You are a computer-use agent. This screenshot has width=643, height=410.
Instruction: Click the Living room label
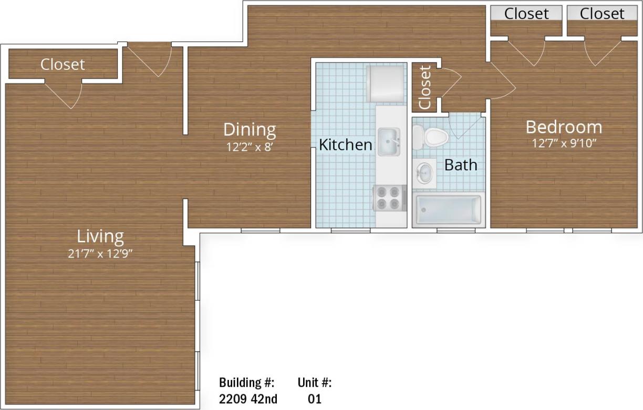[x=100, y=236]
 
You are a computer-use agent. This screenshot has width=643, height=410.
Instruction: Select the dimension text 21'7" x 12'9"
[x=100, y=253]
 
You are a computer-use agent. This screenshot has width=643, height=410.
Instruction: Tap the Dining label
[x=250, y=129]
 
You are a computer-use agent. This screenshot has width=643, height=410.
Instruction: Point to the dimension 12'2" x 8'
[x=250, y=147]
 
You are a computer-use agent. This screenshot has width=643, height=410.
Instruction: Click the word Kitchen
[x=346, y=145]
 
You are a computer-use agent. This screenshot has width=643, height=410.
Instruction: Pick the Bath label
[x=461, y=165]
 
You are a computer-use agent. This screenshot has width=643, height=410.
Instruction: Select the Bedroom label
[x=564, y=127]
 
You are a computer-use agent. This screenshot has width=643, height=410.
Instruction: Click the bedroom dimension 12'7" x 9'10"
[x=564, y=143]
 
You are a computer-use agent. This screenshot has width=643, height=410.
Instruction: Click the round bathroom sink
[x=424, y=172]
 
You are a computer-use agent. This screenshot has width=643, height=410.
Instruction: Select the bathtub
[x=448, y=209]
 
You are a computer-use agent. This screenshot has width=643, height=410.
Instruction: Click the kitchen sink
[x=388, y=141]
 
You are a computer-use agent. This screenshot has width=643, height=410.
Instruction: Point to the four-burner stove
[x=389, y=198]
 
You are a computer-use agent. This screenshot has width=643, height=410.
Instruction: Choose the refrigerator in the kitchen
[x=386, y=83]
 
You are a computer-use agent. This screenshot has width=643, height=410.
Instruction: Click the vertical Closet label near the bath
[x=424, y=87]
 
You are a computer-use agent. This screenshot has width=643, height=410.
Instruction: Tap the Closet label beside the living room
[x=63, y=64]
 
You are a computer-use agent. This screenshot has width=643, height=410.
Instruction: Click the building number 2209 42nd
[x=248, y=398]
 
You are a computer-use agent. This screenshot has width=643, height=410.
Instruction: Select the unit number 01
[x=314, y=398]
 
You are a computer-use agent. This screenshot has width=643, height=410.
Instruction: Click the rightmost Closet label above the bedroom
[x=602, y=13]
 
